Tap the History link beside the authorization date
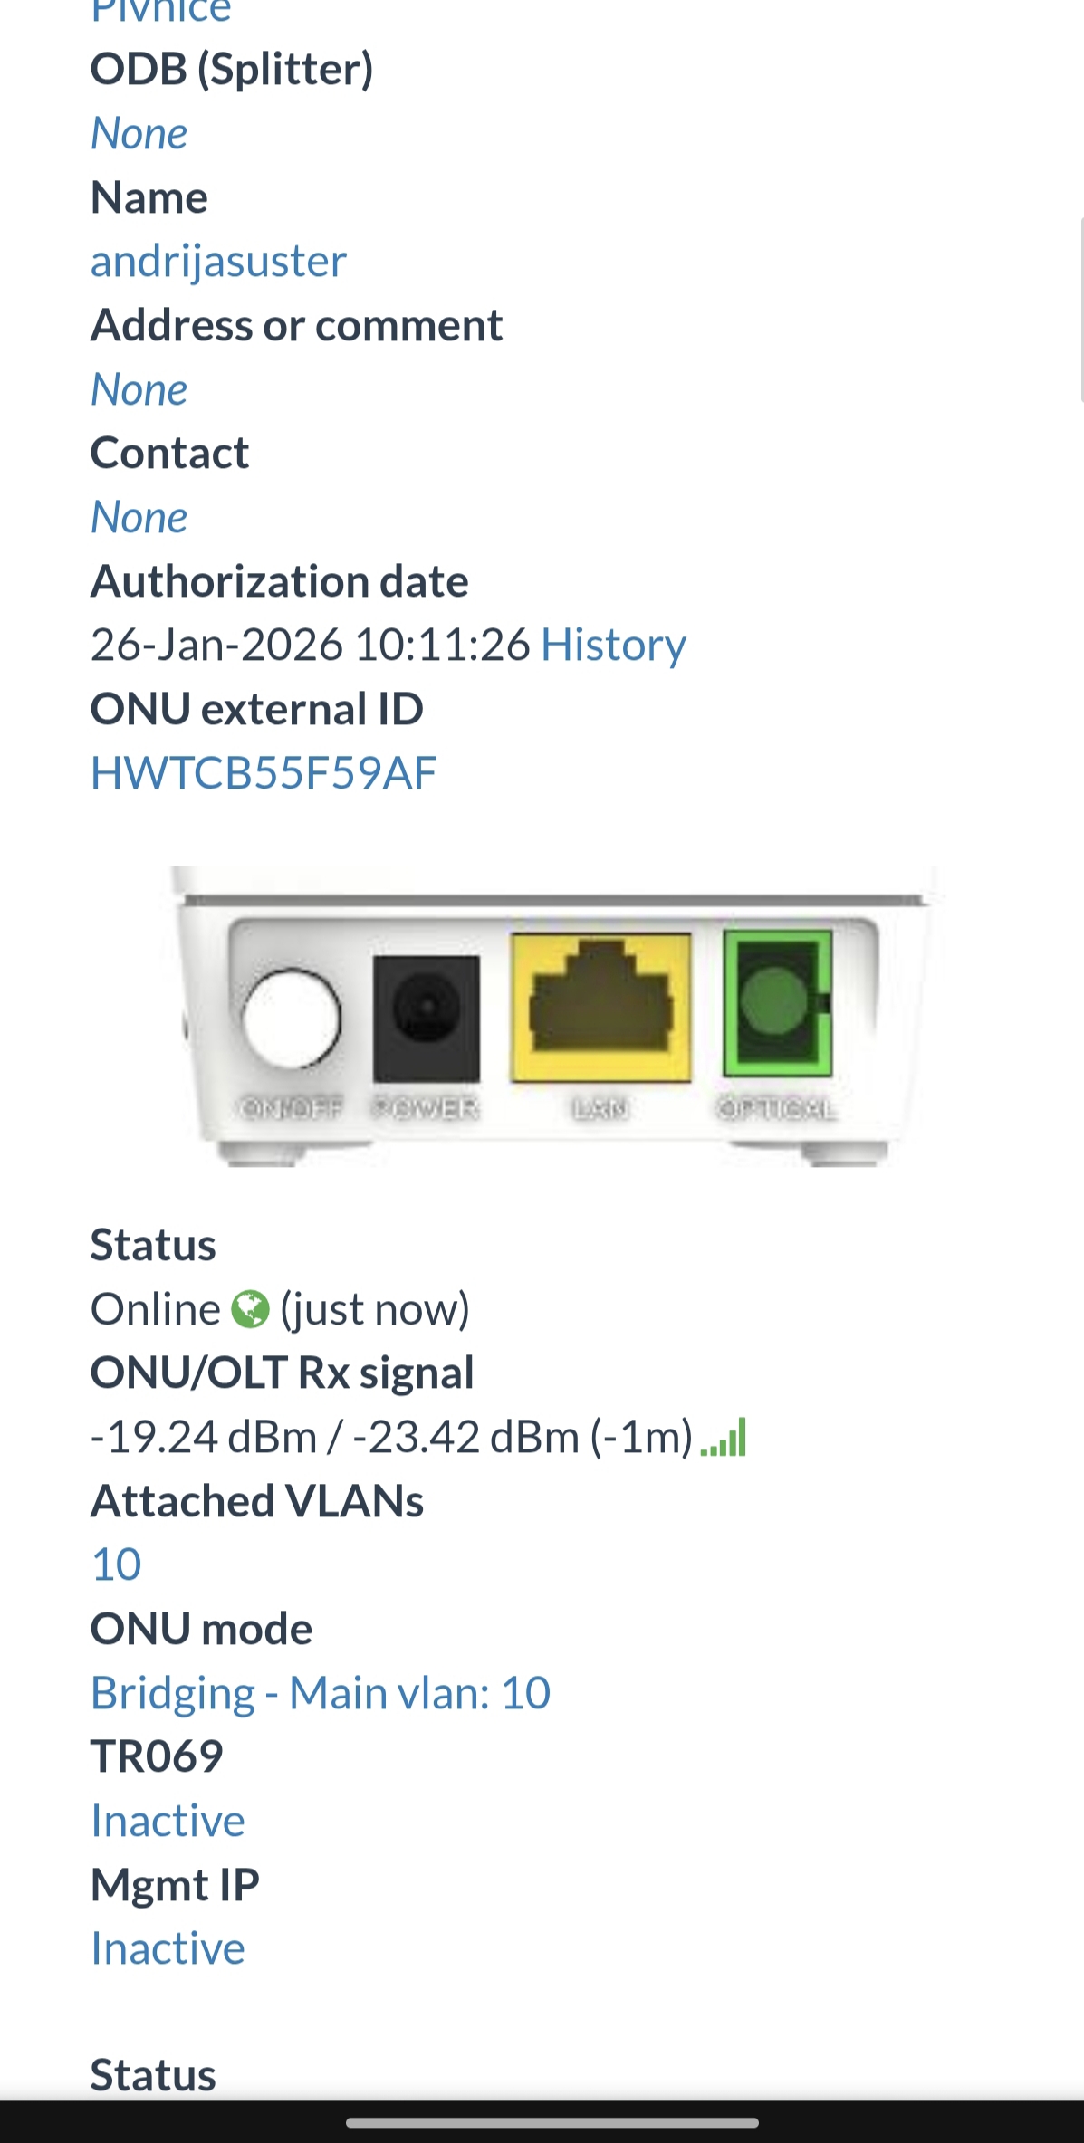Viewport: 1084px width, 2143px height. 613,646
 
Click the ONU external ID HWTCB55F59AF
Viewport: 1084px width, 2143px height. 264,773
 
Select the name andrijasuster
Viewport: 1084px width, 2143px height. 218,262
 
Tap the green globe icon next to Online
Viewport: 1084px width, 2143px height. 250,1309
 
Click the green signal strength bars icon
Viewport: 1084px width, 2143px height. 724,1437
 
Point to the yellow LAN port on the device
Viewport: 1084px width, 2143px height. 600,1008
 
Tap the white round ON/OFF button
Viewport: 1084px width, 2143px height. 291,1018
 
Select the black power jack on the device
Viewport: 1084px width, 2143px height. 426,1018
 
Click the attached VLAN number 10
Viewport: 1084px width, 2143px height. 117,1564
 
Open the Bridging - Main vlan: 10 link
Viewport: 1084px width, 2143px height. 321,1693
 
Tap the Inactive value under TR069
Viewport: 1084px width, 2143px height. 168,1821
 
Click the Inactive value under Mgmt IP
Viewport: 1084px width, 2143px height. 168,1948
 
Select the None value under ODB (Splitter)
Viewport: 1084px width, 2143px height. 139,134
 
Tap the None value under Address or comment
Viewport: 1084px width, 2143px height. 139,390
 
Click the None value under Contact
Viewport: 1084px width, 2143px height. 139,518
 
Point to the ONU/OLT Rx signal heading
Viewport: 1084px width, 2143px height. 282,1373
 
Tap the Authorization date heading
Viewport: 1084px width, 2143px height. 279,581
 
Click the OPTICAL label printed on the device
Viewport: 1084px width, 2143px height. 776,1108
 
